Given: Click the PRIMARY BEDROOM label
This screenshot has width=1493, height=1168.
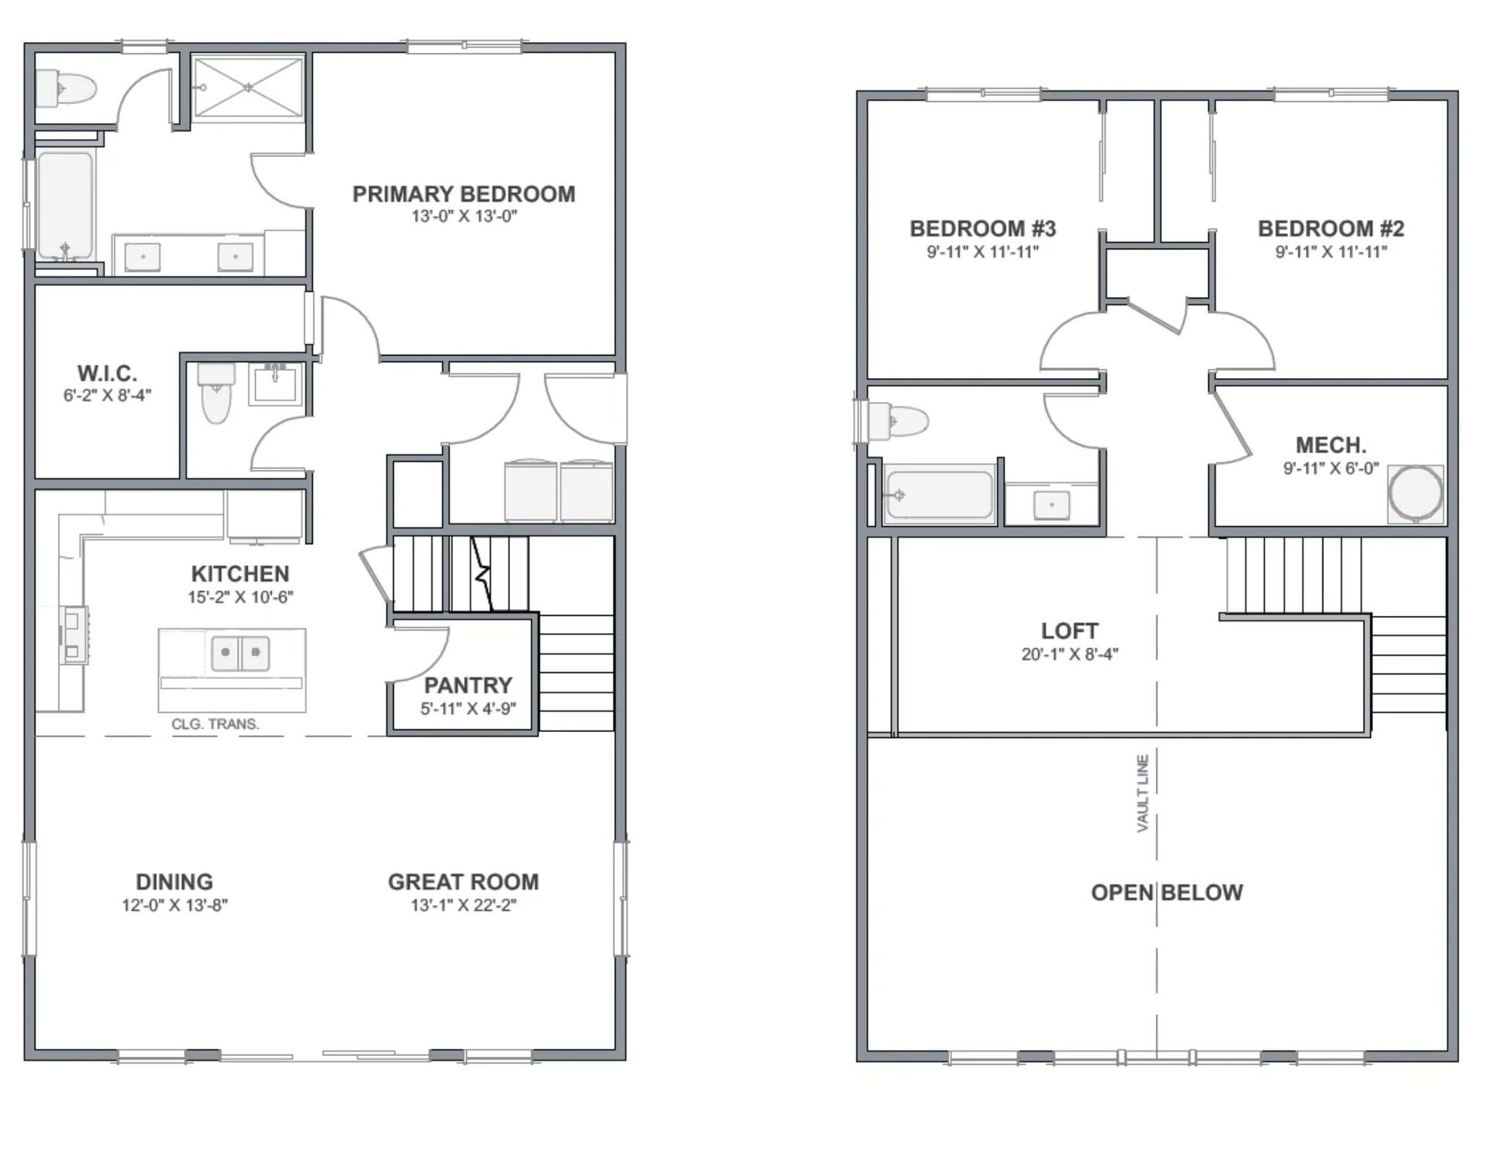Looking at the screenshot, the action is point(464,194).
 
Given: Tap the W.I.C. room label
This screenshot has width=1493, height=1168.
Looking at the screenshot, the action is point(107,373).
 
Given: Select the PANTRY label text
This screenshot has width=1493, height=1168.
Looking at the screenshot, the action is point(468,685).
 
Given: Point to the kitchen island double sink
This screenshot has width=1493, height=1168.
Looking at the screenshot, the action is point(240,652).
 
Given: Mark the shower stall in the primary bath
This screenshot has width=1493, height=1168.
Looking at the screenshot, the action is point(247,87).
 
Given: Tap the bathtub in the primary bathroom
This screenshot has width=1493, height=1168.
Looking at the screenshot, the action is point(65,206).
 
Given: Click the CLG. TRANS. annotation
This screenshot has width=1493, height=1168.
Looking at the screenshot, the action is point(215,724).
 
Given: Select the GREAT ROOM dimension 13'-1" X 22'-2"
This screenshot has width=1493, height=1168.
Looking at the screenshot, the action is point(464,905).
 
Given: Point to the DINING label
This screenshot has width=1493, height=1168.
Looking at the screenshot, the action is point(175,882).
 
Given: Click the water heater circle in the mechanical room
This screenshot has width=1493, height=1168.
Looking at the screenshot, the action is point(1416,493).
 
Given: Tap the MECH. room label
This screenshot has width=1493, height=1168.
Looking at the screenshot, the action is point(1331,445).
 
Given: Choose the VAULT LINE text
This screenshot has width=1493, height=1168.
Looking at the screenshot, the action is point(1143,793).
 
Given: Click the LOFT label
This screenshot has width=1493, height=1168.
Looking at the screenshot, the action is point(1070,631).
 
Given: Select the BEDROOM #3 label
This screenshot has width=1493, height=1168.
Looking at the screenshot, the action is point(983,229).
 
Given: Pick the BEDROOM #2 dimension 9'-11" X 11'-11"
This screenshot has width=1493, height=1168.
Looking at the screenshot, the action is point(1331,251).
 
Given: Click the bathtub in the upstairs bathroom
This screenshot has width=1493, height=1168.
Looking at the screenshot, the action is point(939,494).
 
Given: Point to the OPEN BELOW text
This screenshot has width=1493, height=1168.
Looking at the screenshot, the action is point(1167,893).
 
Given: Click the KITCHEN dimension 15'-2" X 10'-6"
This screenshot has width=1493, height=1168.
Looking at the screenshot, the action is point(240,597).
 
